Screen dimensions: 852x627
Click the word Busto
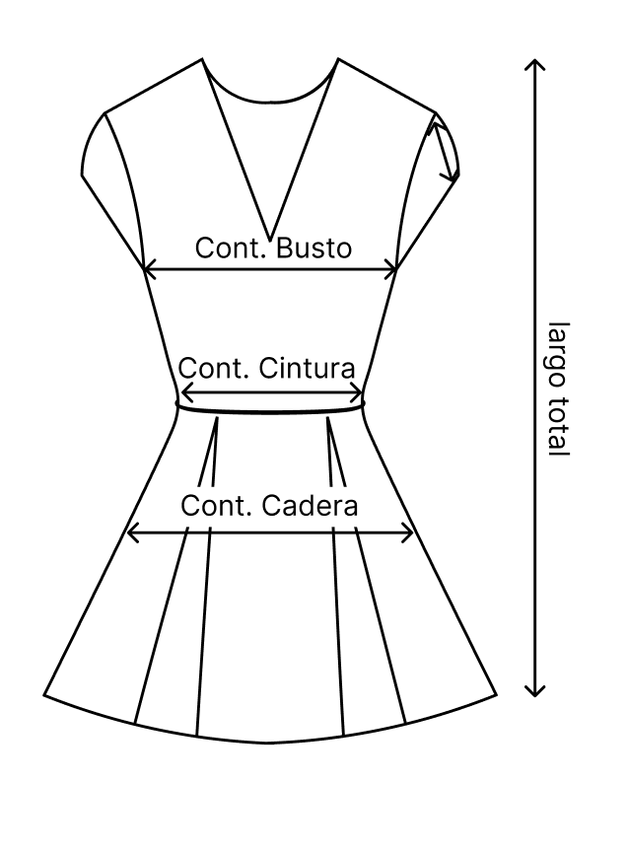313,248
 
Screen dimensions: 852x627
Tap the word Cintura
307,369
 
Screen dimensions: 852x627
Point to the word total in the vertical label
558,425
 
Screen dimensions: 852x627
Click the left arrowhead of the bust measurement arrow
147,268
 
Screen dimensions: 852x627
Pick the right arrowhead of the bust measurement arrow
393,268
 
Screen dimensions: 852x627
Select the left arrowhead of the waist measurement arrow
183,393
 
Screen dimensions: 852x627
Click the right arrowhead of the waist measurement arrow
359,393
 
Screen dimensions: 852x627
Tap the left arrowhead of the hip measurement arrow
131,533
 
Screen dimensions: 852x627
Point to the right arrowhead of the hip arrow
409,533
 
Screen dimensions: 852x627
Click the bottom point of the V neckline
270,238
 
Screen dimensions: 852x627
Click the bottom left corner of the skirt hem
44,696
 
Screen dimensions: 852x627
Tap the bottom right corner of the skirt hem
496,696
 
